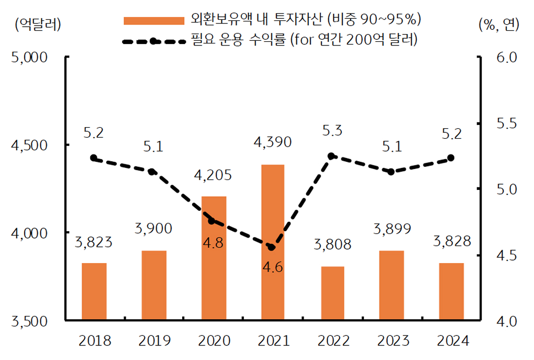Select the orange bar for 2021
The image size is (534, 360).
click(272, 242)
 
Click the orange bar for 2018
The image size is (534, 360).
click(94, 291)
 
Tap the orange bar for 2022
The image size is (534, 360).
click(332, 293)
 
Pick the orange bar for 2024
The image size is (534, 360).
click(451, 291)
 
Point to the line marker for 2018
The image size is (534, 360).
click(94, 157)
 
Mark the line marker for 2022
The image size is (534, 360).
click(331, 156)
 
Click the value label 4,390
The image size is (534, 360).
click(272, 142)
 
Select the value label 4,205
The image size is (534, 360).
click(213, 174)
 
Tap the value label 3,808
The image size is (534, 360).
click(332, 244)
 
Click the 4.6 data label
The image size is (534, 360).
click(272, 268)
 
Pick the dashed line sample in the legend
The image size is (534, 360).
click(153, 41)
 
